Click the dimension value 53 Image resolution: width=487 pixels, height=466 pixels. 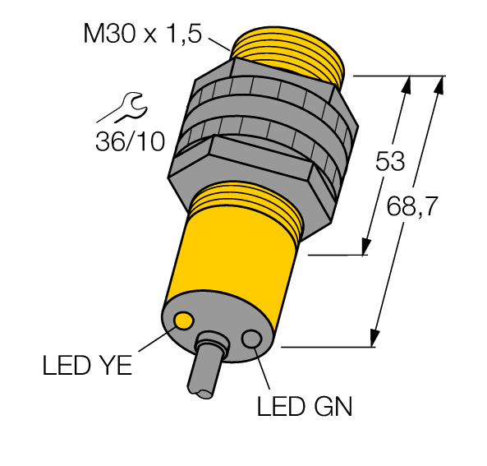coord(390,161)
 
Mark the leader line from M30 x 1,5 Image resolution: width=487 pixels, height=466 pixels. coord(218,44)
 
